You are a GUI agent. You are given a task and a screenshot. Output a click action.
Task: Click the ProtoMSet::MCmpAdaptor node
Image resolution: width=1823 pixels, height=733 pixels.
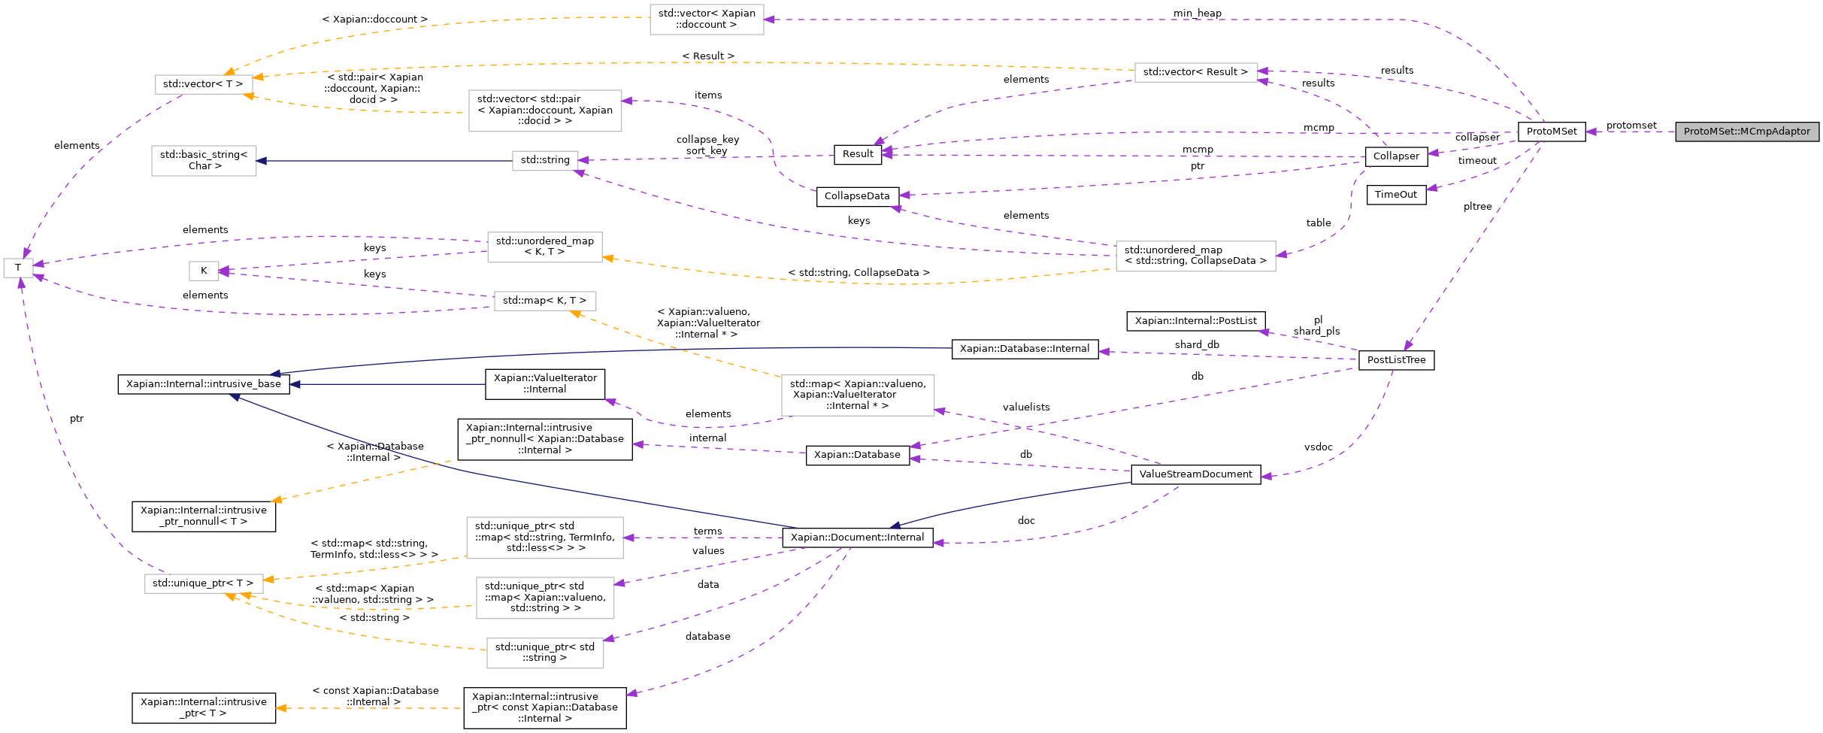tap(1746, 132)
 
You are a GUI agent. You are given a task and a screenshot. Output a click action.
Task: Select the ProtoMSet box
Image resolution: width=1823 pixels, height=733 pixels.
tap(1552, 132)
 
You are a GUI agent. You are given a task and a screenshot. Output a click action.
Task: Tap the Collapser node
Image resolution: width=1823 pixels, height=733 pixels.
tap(1396, 156)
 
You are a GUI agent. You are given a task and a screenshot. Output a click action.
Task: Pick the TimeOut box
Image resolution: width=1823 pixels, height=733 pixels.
tap(1395, 195)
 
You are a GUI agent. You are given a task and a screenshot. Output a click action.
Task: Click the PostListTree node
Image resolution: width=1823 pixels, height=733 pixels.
tap(1396, 360)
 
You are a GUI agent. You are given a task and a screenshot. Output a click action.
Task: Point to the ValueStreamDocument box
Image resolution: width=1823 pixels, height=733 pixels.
tap(1195, 474)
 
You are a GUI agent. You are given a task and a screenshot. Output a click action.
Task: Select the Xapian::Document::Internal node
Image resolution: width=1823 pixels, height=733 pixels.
tap(857, 538)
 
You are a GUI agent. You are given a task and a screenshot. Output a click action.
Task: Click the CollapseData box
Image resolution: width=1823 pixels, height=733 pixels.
tap(856, 196)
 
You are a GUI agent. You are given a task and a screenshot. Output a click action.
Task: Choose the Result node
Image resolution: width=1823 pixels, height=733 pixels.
tap(857, 154)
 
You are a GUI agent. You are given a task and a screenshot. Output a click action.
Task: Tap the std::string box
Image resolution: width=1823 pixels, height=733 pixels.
tap(545, 160)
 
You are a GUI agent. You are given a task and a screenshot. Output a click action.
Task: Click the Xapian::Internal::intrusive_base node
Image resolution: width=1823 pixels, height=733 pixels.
tap(203, 384)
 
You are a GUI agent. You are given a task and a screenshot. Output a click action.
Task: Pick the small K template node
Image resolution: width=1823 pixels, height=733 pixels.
tap(203, 271)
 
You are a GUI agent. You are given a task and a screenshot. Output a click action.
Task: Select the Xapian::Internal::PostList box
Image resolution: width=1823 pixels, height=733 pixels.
tap(1195, 321)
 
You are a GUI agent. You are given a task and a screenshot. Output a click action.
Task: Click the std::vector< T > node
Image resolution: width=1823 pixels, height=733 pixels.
tap(203, 84)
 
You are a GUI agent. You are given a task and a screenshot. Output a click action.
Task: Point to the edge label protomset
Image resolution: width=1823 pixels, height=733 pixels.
tap(1631, 126)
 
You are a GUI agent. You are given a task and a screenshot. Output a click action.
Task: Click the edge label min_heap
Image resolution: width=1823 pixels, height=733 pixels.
tap(1197, 14)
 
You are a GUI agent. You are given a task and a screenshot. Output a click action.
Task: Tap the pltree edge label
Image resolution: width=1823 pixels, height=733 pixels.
tap(1477, 207)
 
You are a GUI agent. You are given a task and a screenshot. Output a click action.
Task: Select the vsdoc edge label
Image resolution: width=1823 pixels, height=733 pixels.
tap(1318, 447)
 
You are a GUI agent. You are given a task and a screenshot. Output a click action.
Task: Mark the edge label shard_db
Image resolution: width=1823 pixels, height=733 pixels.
tap(1197, 345)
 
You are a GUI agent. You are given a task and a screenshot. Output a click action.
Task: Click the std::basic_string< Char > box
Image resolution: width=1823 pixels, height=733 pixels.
tap(203, 160)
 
